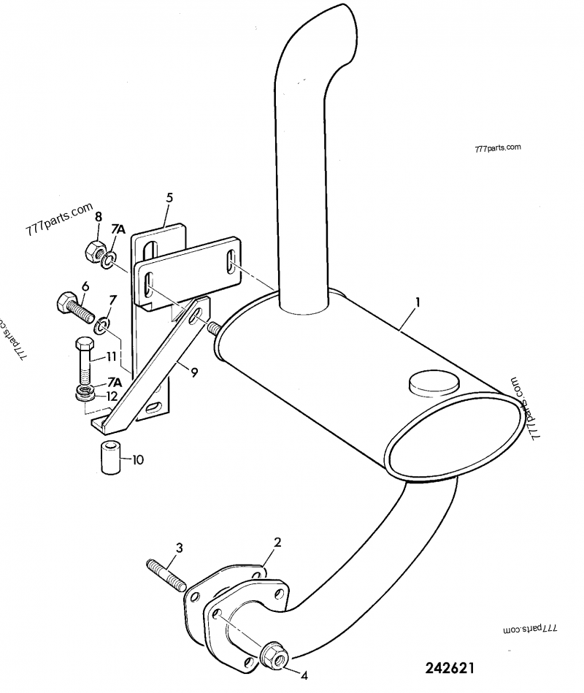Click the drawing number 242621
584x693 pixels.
[x=451, y=668]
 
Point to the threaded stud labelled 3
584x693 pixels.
[x=167, y=573]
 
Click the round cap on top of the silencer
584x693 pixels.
[x=434, y=382]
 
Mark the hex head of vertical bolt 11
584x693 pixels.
[x=82, y=344]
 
